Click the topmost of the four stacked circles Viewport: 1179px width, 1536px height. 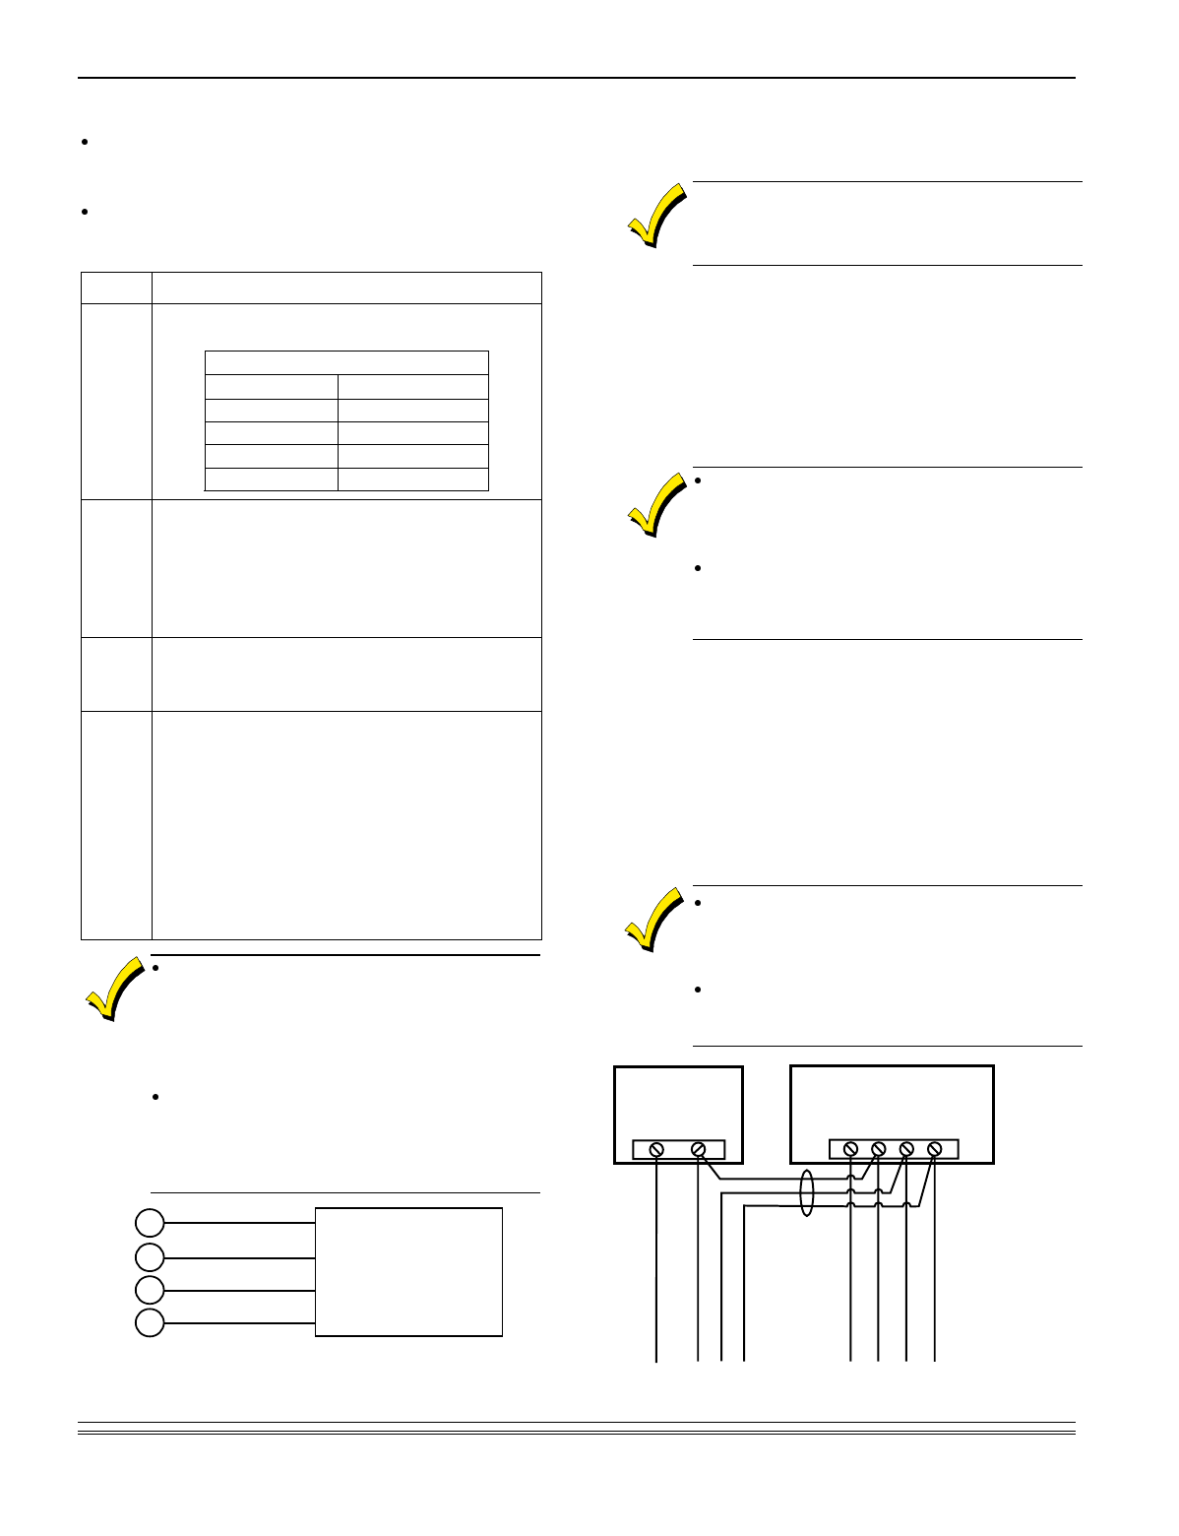(150, 1223)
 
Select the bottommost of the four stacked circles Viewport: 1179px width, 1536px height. (150, 1322)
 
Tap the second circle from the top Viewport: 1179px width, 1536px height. (150, 1256)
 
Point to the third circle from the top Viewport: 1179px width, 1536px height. (150, 1289)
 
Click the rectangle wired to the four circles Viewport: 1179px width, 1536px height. (408, 1271)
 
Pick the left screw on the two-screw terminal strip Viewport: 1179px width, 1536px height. (656, 1149)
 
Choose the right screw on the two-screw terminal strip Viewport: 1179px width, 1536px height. (699, 1149)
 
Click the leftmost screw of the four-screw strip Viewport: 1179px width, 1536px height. (851, 1149)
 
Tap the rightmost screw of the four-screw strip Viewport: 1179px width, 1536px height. (934, 1149)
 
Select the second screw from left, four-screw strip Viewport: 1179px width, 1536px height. (879, 1149)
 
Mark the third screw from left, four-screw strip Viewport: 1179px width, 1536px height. (906, 1149)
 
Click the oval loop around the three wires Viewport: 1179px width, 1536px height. (808, 1192)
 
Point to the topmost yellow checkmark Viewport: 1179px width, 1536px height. (656, 215)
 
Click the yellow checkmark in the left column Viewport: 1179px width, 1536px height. (113, 988)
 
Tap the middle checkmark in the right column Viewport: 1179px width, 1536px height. (656, 504)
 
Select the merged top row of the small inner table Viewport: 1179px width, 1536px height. (346, 362)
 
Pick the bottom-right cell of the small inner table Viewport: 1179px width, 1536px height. (412, 480)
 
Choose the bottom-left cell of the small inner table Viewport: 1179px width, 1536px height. (271, 480)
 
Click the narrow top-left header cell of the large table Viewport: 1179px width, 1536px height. (116, 288)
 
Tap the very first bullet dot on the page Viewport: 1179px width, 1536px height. (85, 143)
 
